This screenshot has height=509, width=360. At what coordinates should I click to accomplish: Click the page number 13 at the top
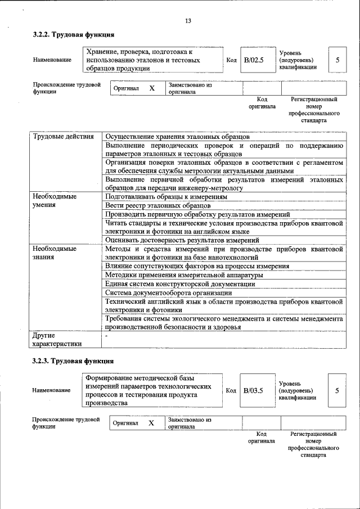click(x=188, y=21)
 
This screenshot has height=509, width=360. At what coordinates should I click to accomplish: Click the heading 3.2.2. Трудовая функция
click(x=73, y=35)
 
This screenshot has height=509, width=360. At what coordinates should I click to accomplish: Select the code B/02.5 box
click(x=253, y=60)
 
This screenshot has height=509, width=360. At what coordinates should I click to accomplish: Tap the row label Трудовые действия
click(x=59, y=136)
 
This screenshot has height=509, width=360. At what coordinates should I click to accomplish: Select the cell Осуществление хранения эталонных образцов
click(x=177, y=136)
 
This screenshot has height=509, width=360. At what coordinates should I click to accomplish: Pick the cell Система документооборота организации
click(x=169, y=292)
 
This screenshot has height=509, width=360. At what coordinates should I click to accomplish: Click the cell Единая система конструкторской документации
click(x=180, y=284)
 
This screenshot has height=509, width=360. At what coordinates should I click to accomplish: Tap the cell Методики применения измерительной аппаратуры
click(x=184, y=275)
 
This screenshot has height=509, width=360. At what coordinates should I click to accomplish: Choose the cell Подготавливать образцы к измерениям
click(x=166, y=197)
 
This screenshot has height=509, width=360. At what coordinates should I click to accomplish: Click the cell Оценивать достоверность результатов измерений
click(x=178, y=240)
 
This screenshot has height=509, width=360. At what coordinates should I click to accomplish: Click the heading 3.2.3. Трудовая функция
click(x=73, y=361)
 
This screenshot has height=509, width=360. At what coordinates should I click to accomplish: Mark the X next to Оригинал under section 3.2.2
click(x=151, y=88)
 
